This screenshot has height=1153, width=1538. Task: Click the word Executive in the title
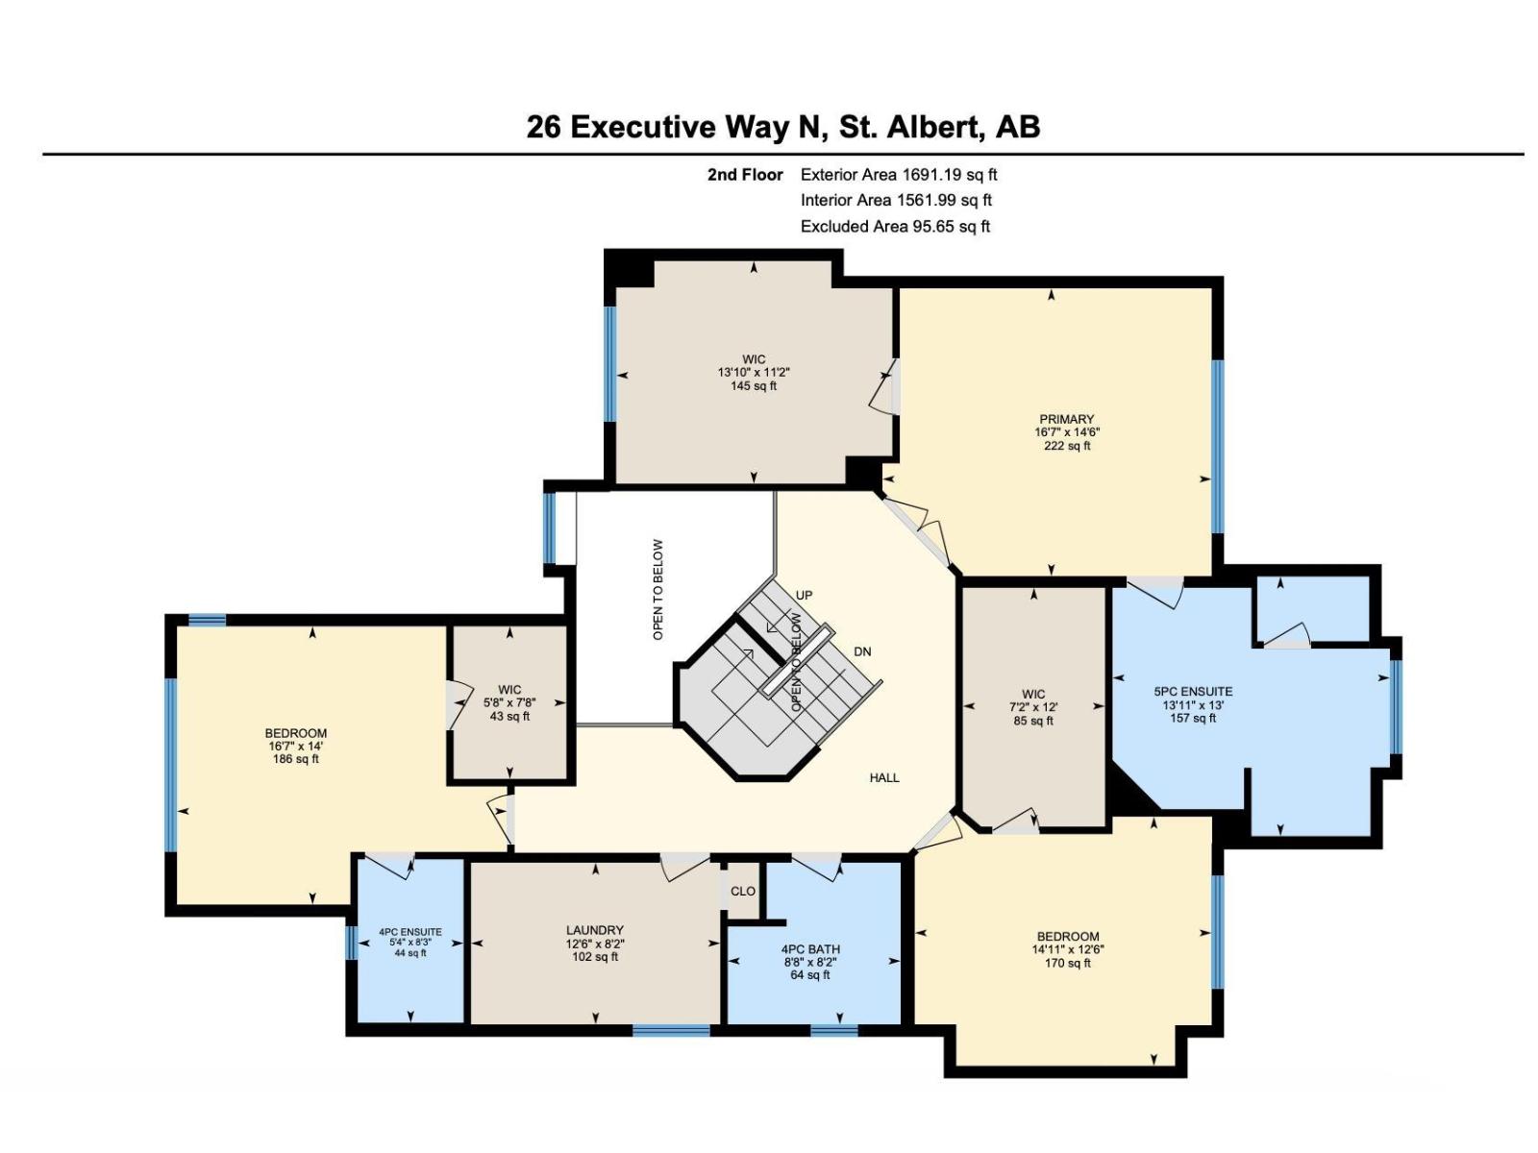[x=643, y=128]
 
